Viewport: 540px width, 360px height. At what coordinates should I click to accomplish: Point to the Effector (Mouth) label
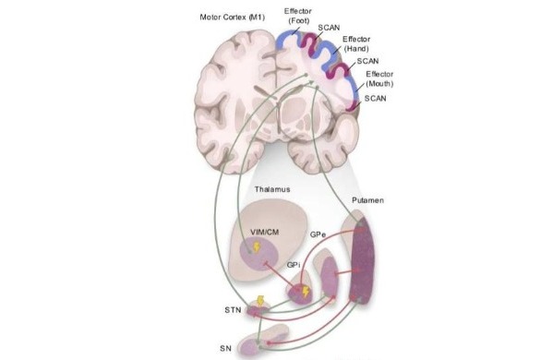click(380, 78)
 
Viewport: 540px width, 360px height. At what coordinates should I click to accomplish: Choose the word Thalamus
click(272, 189)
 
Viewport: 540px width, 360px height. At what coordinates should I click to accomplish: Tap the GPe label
click(319, 235)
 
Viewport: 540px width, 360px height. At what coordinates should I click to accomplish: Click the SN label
click(225, 347)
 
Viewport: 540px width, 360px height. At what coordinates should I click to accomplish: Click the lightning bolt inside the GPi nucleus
click(305, 291)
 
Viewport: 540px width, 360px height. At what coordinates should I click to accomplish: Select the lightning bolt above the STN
click(261, 300)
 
